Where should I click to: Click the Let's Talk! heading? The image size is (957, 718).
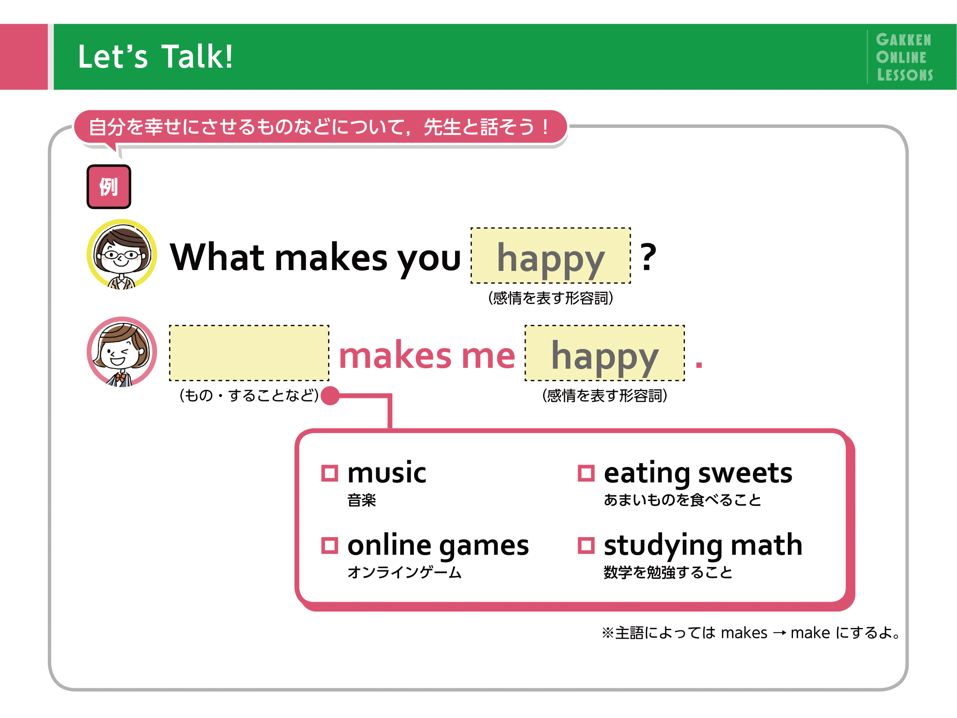point(155,57)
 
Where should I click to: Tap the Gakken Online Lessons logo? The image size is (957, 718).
point(904,57)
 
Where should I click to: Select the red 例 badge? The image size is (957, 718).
point(108,186)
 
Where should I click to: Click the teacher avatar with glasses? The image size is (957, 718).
point(121,254)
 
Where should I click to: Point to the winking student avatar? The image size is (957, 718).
point(121,352)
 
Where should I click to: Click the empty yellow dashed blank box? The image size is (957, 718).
point(249,353)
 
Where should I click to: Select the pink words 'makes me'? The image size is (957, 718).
point(427,355)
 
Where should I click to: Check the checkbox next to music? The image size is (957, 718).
point(329,473)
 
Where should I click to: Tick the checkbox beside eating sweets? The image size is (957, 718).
point(586,473)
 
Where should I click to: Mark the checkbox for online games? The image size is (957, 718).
point(329,545)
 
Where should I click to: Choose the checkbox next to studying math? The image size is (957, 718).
point(586,545)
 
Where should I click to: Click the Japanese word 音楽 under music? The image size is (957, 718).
point(362,500)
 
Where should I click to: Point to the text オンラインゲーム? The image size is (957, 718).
point(405,572)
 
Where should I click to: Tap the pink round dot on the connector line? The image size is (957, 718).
point(330,395)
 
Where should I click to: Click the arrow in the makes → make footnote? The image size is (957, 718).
point(779,633)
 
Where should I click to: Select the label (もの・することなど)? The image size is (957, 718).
point(249,395)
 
